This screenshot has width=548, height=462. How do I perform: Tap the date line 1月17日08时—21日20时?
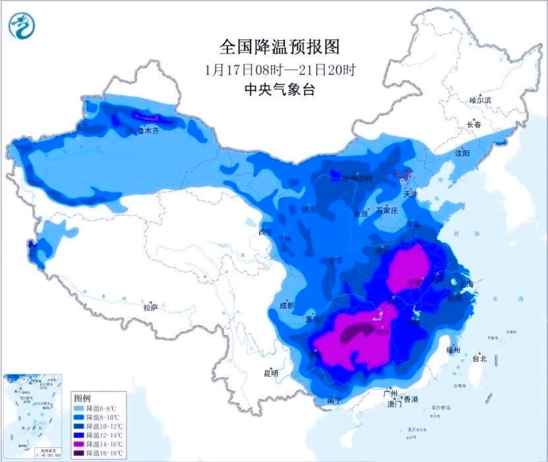[x=280, y=70]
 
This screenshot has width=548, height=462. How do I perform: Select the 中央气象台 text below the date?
[x=280, y=90]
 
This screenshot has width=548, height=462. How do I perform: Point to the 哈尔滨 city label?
[x=481, y=101]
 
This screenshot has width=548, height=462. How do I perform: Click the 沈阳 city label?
[x=462, y=152]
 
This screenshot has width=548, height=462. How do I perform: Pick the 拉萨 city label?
[x=151, y=307]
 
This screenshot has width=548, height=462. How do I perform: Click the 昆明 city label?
[x=271, y=373]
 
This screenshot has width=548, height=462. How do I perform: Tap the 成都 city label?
[x=287, y=306]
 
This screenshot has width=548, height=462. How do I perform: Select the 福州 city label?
[x=453, y=350]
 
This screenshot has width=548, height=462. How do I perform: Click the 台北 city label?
[x=479, y=358]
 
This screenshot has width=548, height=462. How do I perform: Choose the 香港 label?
[x=410, y=400]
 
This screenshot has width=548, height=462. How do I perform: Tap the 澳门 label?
[x=394, y=404]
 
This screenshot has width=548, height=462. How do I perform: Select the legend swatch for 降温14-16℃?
[x=78, y=444]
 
